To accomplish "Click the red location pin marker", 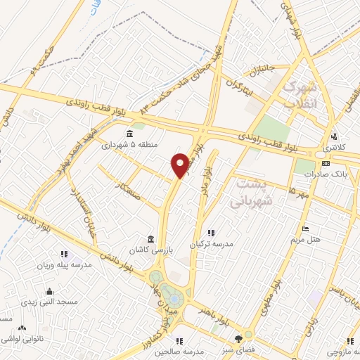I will tap(180, 165).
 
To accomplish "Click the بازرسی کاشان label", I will tap(149, 250).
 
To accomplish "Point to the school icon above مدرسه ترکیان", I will tap(210, 233).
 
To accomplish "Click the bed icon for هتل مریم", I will tap(304, 229).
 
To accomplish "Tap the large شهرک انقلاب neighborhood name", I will tap(298, 95).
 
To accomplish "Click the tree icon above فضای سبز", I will tap(247, 337).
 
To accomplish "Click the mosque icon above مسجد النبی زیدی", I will tap(49, 291).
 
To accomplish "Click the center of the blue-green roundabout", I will tap(169, 288).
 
